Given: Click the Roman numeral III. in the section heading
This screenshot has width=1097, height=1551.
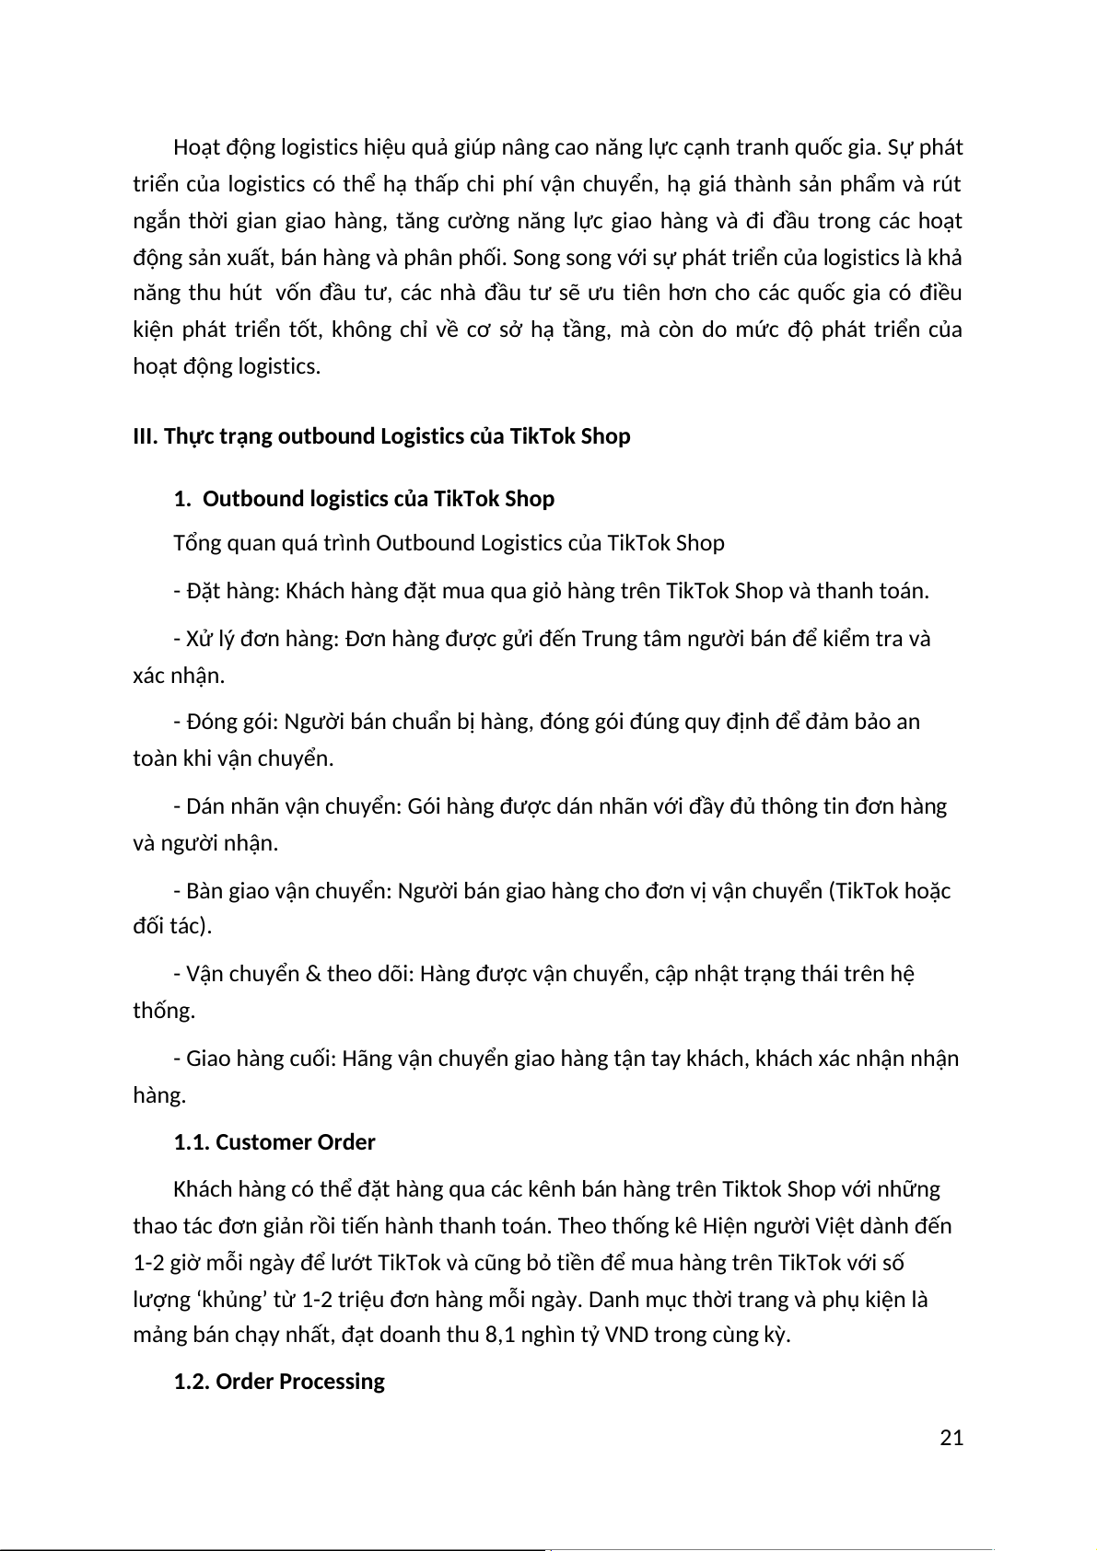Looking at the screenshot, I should (x=146, y=436).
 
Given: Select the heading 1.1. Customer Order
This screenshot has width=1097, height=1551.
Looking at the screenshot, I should (x=274, y=1142).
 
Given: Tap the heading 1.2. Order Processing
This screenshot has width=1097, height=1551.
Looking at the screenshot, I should (x=278, y=1382).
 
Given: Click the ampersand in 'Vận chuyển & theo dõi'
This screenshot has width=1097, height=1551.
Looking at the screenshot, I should (x=311, y=974).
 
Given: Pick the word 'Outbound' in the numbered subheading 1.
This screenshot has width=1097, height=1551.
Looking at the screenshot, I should (x=244, y=499).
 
